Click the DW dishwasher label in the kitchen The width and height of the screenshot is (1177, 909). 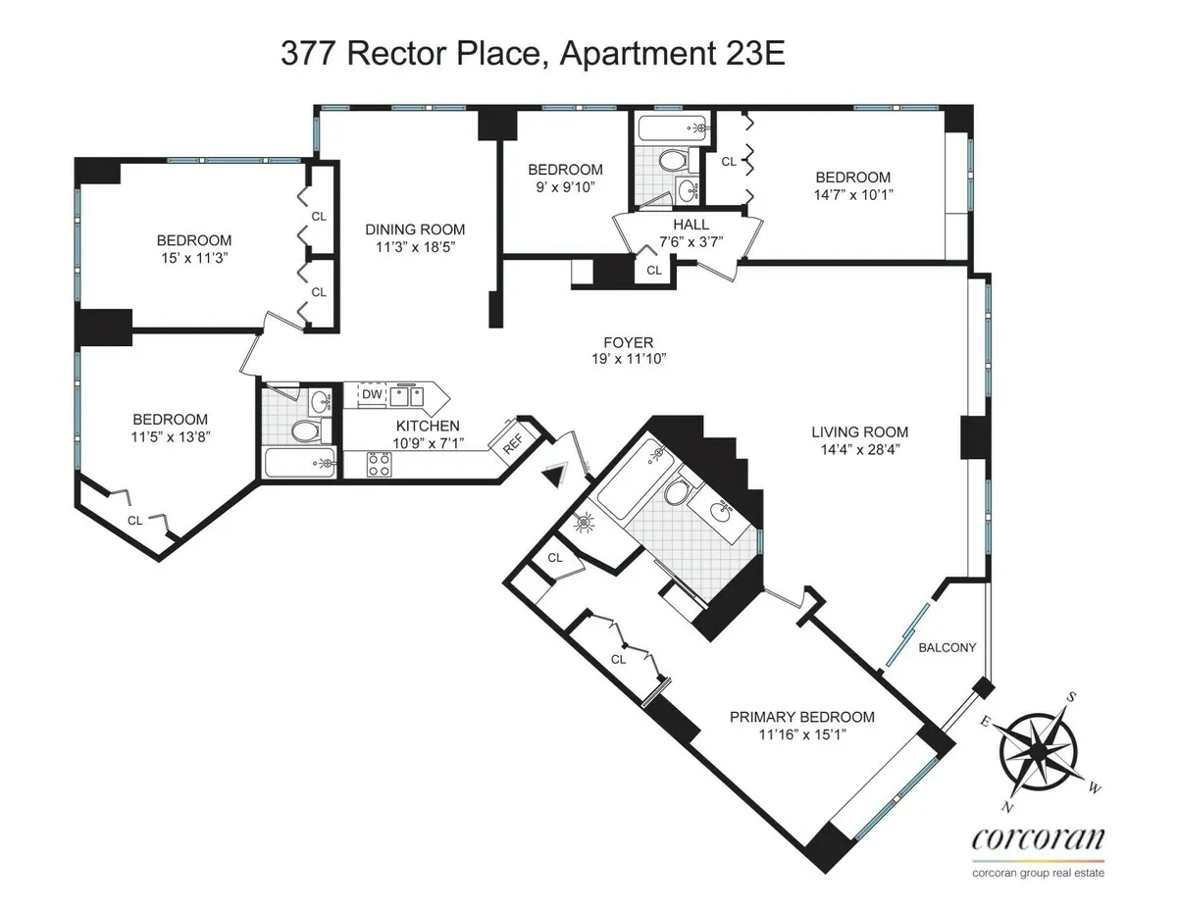point(372,394)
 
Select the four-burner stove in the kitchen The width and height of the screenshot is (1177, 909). point(379,464)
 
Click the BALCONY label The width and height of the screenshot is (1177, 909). point(947,647)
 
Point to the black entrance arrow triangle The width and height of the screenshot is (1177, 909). point(555,475)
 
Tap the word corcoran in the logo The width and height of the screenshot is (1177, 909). point(1038,839)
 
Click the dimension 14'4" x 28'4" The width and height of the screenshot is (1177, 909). point(858,449)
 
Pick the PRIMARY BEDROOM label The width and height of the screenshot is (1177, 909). point(801,717)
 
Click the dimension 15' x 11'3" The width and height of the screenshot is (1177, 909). point(194,259)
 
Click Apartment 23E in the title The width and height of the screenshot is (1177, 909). point(672,54)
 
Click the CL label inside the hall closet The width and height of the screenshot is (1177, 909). point(654,270)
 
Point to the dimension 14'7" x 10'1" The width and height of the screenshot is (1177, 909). point(853,194)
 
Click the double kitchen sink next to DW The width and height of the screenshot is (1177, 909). point(406,395)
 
